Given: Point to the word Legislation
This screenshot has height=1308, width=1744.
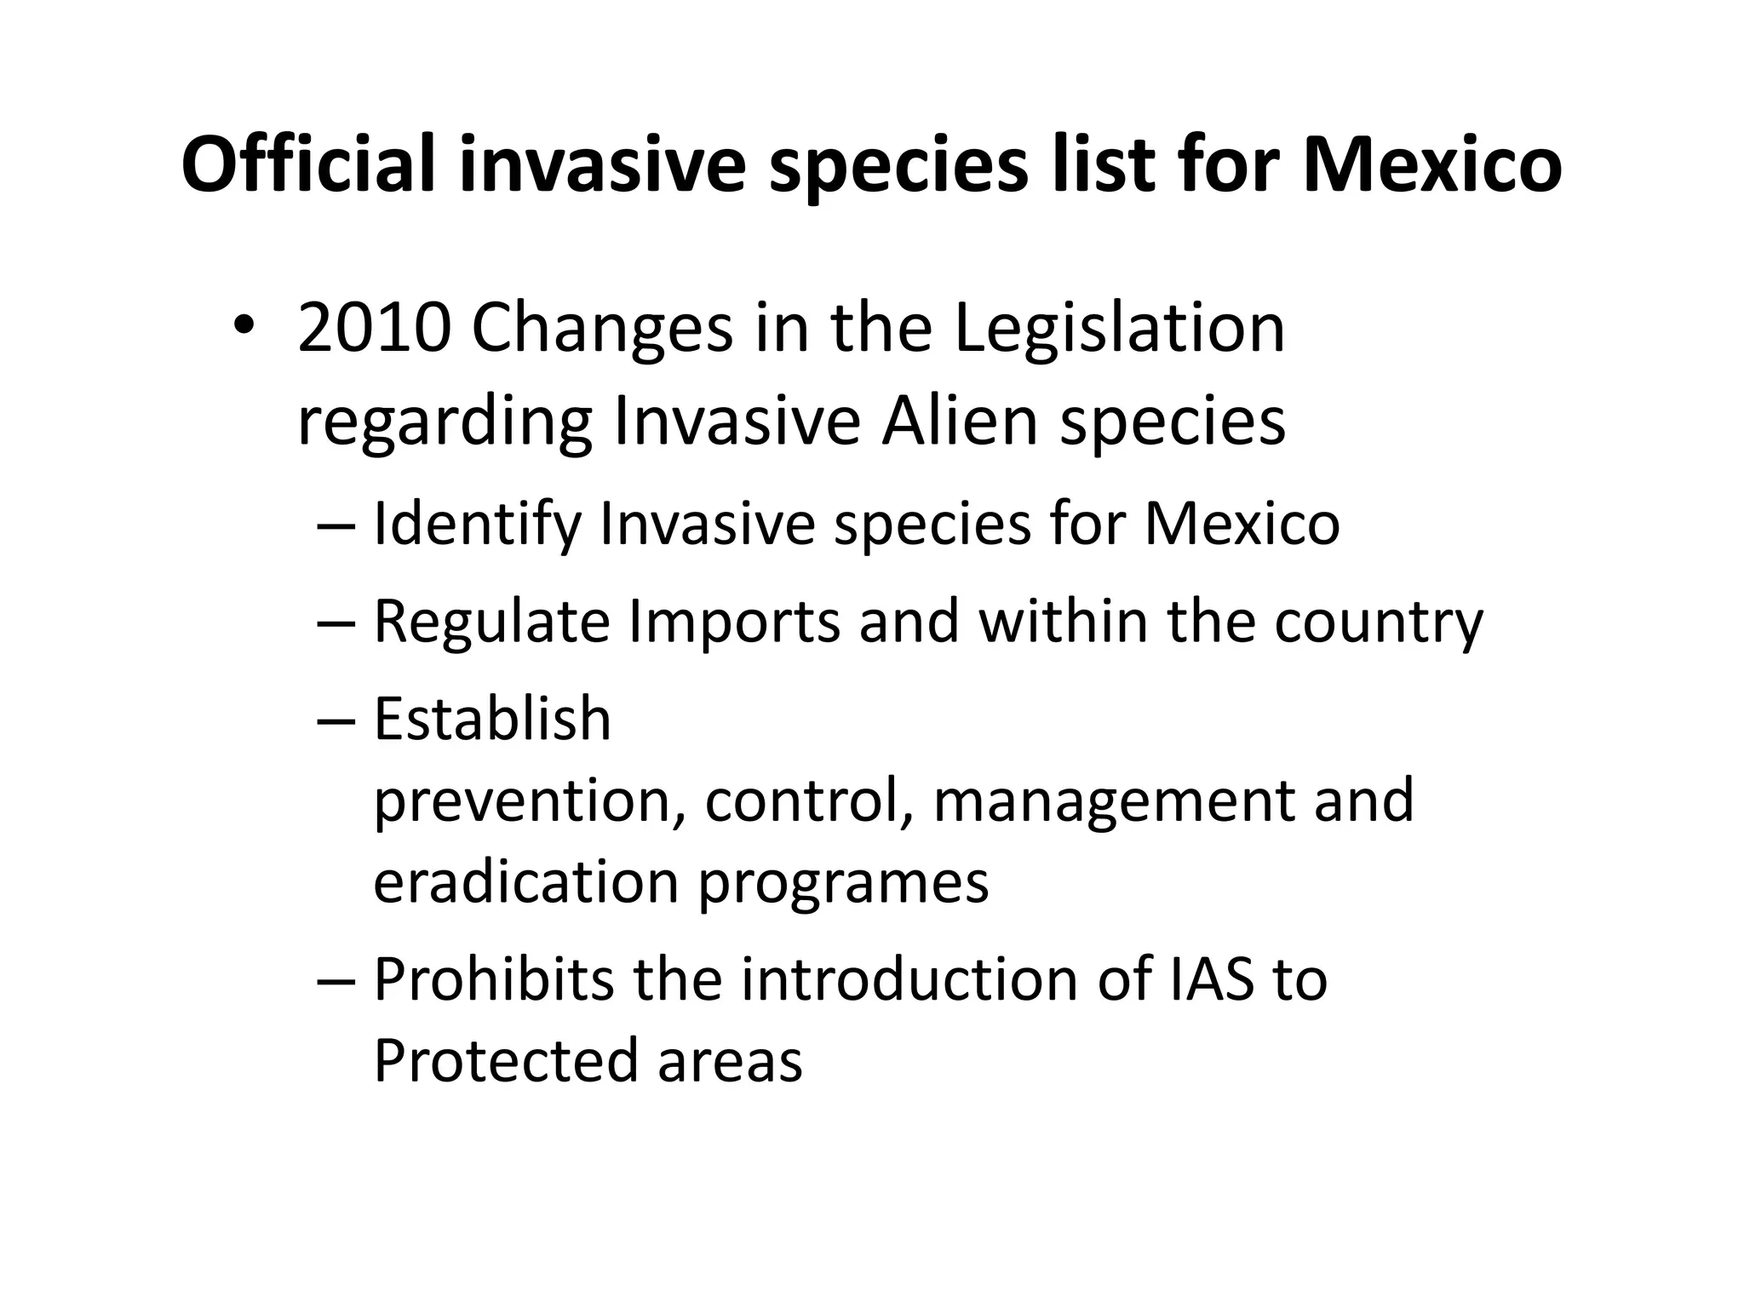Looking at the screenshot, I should point(1119,330).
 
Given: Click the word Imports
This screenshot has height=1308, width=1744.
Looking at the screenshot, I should point(734,622).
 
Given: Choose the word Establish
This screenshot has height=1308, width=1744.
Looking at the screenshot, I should point(492,719).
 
